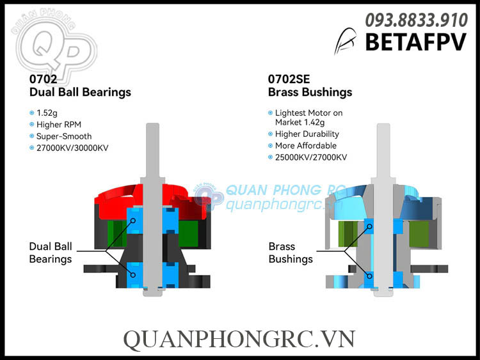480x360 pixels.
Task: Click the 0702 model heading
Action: click(x=44, y=79)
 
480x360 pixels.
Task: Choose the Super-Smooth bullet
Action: click(x=65, y=136)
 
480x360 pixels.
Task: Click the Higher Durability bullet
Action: click(x=307, y=134)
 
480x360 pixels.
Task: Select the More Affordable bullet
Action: click(x=307, y=146)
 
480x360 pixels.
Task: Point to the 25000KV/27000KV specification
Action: click(x=311, y=157)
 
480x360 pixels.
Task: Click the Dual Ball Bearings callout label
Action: click(x=51, y=253)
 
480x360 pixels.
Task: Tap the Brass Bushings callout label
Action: click(x=291, y=253)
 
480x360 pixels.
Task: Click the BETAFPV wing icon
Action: click(x=346, y=41)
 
